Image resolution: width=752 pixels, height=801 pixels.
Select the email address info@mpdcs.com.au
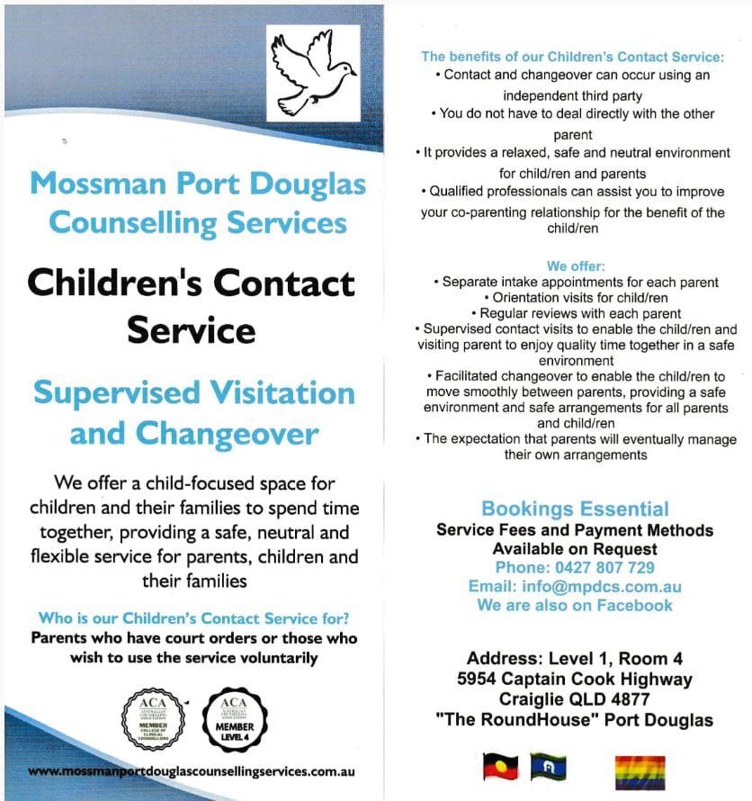click(601, 587)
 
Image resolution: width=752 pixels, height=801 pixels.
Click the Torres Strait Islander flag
click(548, 766)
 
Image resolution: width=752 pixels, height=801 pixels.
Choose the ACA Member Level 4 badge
click(234, 716)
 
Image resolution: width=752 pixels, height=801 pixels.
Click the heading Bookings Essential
click(575, 509)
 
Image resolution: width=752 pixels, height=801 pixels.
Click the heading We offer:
click(576, 266)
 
